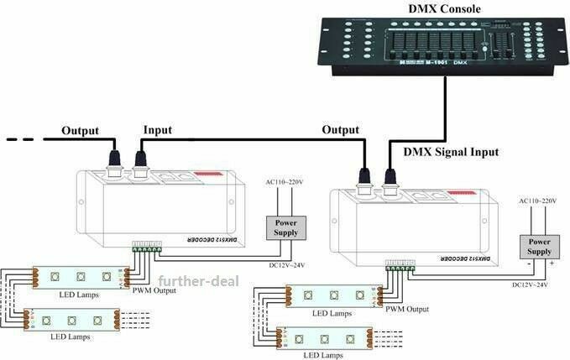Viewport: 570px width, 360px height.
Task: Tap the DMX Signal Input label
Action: point(451,152)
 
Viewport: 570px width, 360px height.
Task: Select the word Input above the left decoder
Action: point(157,130)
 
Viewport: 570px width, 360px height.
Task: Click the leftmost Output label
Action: point(80,130)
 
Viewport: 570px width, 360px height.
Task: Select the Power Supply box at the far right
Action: point(539,247)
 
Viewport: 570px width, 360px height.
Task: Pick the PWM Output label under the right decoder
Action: point(407,309)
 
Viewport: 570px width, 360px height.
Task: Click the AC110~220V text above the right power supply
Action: point(537,201)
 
